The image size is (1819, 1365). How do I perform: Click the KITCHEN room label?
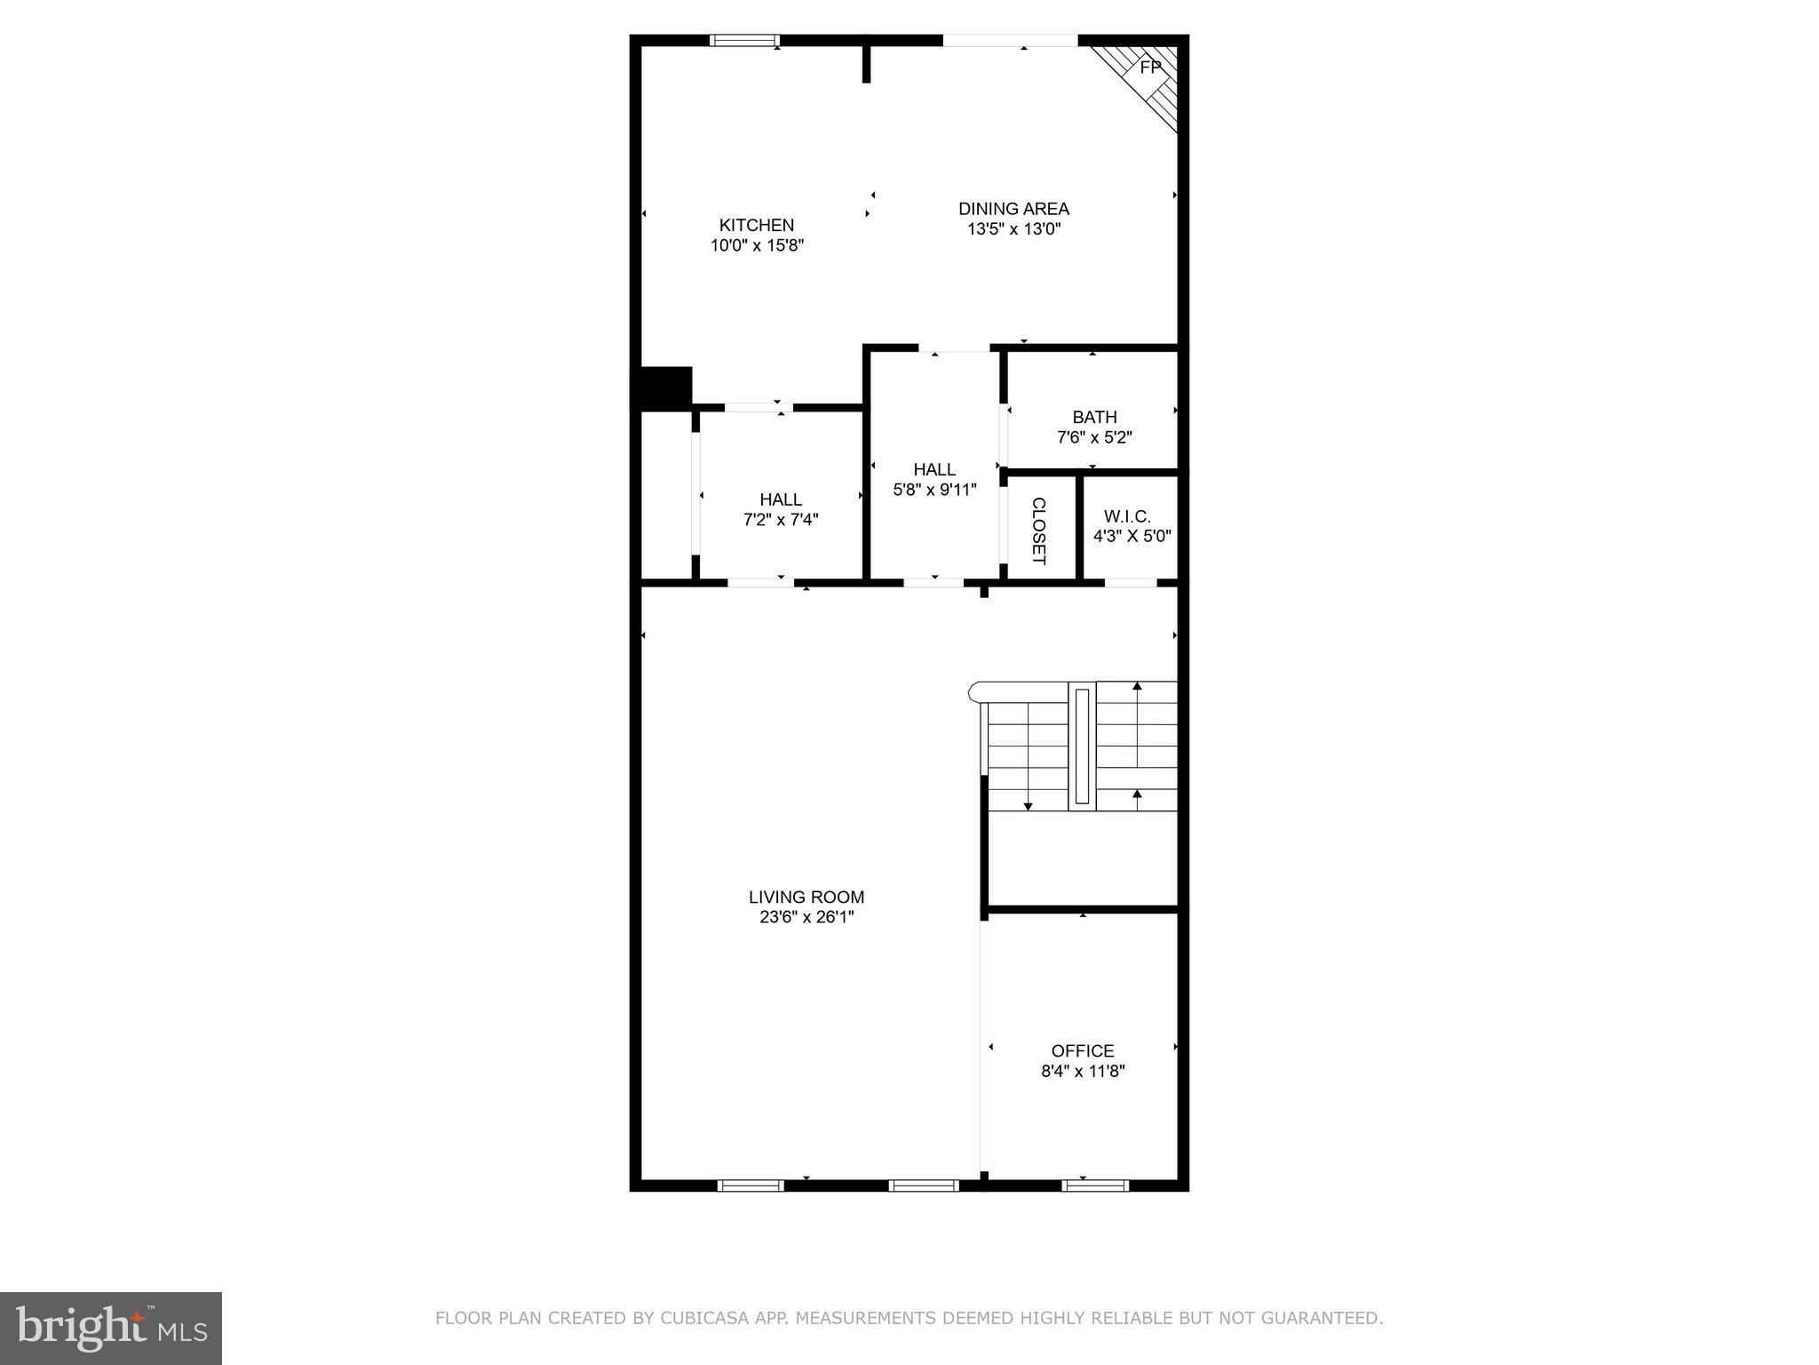(x=756, y=225)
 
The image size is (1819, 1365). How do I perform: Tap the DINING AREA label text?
(x=1013, y=209)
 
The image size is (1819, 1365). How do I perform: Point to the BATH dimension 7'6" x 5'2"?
(x=1094, y=437)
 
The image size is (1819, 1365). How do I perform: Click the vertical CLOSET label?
(x=1038, y=531)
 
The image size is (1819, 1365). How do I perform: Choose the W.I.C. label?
(x=1127, y=516)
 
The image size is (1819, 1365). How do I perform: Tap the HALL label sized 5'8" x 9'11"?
(x=934, y=469)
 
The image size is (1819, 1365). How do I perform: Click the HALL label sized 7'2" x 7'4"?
(x=781, y=499)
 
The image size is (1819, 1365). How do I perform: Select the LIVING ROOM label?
(x=806, y=897)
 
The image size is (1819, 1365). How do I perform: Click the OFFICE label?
(x=1082, y=1050)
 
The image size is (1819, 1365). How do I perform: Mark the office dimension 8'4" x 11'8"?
(x=1083, y=1071)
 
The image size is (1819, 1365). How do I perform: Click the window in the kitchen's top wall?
(x=744, y=40)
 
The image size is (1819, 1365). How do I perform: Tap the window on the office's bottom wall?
(x=1095, y=1185)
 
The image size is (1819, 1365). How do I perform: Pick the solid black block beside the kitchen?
(x=661, y=388)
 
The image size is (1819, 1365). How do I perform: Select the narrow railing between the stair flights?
(x=1082, y=746)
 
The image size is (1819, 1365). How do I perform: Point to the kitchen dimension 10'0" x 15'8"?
(x=757, y=245)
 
